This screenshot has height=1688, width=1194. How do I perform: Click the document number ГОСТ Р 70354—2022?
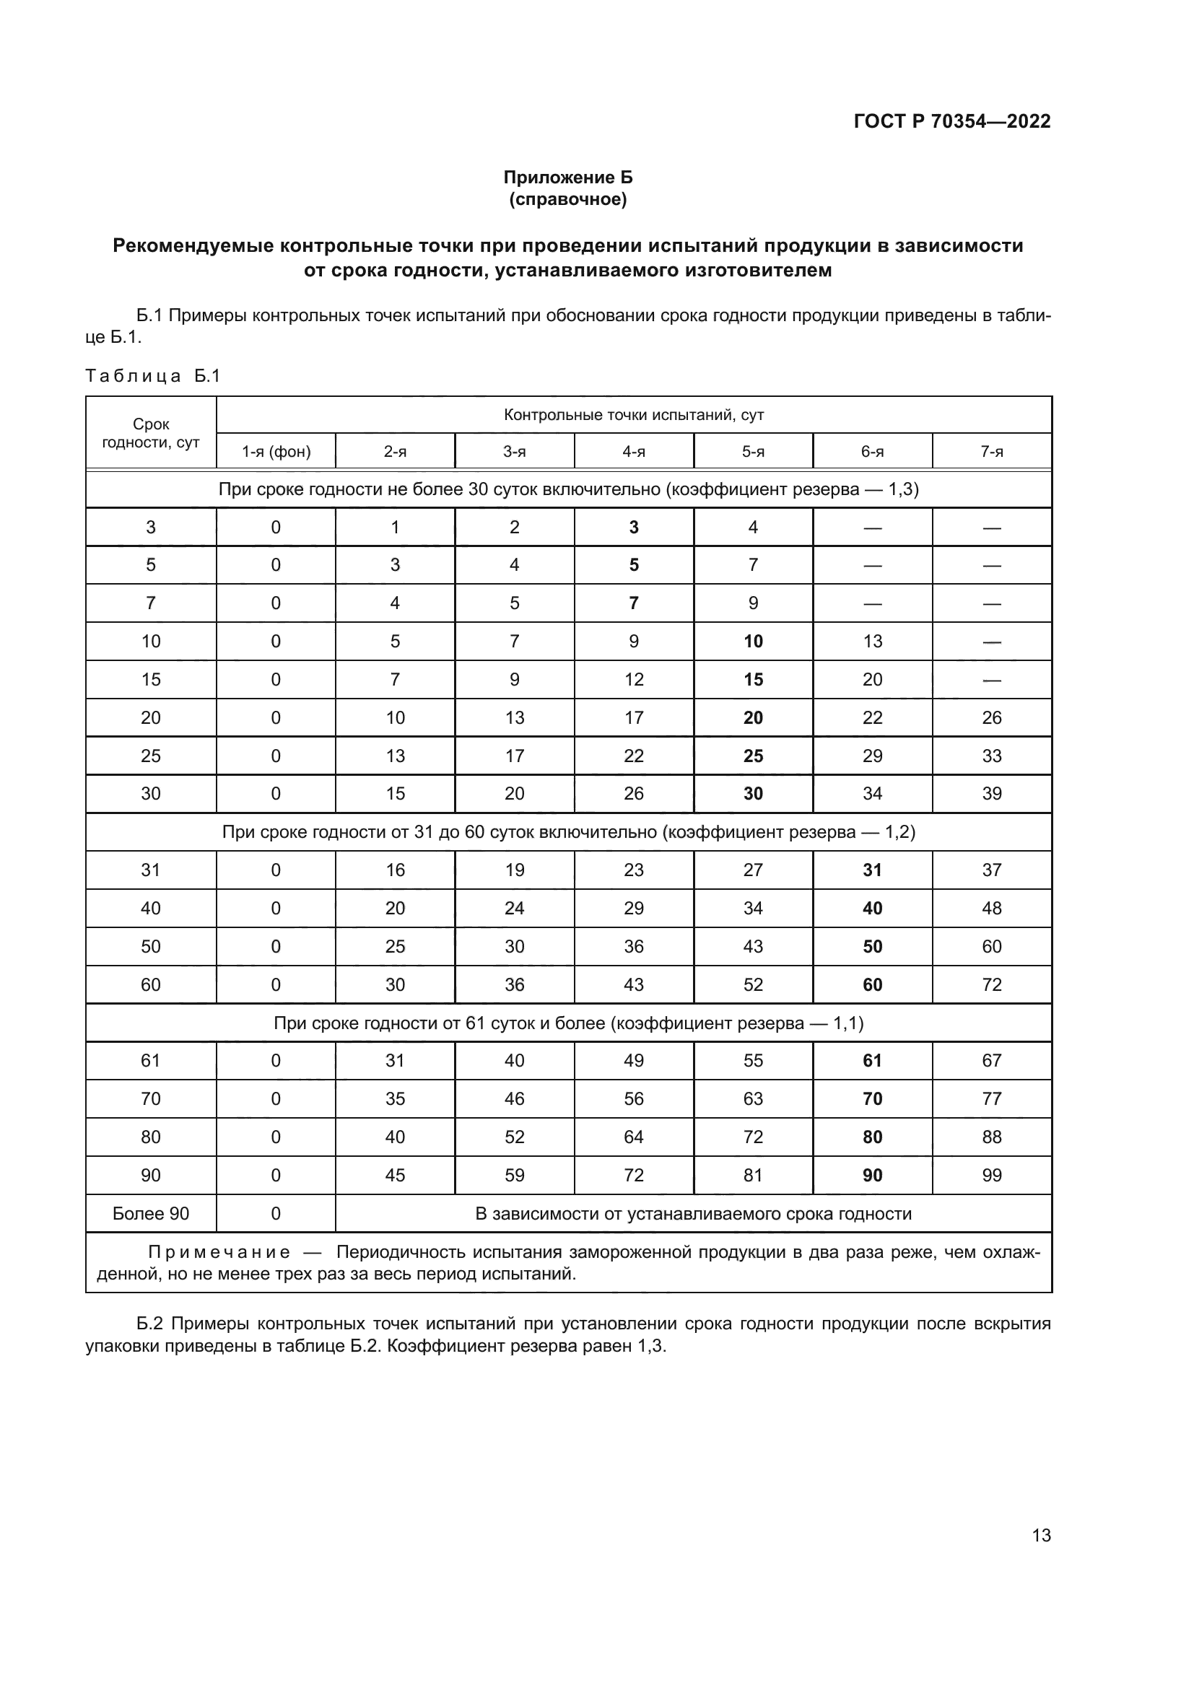(x=952, y=121)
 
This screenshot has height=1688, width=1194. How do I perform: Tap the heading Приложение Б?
(x=567, y=178)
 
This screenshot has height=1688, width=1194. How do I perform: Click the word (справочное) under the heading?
(x=567, y=199)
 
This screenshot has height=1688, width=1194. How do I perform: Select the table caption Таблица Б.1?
(x=153, y=376)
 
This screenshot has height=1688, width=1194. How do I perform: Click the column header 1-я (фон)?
(x=276, y=451)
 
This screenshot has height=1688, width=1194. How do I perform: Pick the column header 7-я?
(x=992, y=451)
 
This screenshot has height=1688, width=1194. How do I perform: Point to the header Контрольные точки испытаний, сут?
(x=634, y=415)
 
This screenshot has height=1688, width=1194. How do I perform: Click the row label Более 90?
(x=151, y=1213)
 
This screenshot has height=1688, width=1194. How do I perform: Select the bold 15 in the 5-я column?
(x=753, y=679)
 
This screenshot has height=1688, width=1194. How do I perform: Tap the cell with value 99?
(x=992, y=1175)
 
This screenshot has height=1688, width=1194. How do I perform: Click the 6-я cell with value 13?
(x=872, y=641)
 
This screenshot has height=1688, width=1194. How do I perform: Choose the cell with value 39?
(x=992, y=793)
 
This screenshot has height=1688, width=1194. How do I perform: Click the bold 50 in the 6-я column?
(x=872, y=946)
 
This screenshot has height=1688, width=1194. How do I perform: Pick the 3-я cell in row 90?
(x=515, y=1175)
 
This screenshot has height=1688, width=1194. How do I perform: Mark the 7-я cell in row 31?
(x=992, y=870)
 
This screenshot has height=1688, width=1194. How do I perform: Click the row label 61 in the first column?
(x=151, y=1060)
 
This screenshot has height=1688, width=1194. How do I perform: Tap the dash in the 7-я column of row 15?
(x=992, y=679)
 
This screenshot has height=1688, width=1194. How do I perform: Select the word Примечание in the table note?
(x=219, y=1252)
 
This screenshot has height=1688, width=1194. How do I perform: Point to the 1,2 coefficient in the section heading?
(x=900, y=831)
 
